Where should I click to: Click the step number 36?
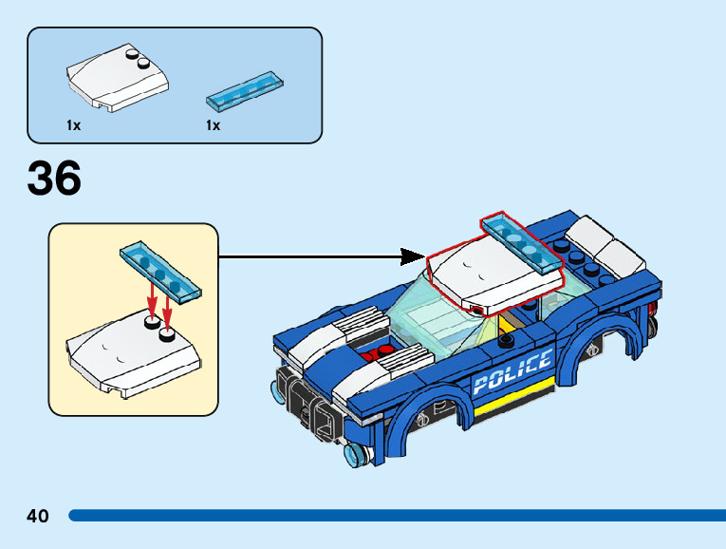point(54,179)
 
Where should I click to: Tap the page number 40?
point(38,516)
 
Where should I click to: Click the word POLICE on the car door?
point(512,372)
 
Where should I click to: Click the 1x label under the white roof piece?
point(73,125)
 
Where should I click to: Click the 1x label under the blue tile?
point(213,125)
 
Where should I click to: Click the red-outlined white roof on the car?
point(489,270)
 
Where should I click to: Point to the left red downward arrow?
point(150,305)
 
